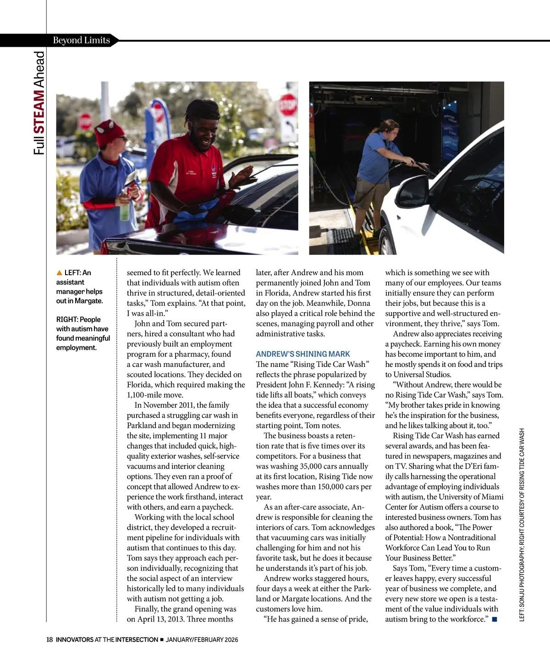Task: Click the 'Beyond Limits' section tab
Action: point(81,40)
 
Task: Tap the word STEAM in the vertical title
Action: point(40,111)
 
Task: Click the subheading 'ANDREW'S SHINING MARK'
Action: point(302,354)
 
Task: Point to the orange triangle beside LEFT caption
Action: point(59,273)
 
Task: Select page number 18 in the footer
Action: point(49,639)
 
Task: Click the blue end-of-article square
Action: point(494,620)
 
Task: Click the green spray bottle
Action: point(125,211)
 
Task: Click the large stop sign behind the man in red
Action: point(288,105)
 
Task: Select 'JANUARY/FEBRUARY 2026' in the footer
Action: point(202,639)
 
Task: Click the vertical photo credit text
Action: point(522,525)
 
